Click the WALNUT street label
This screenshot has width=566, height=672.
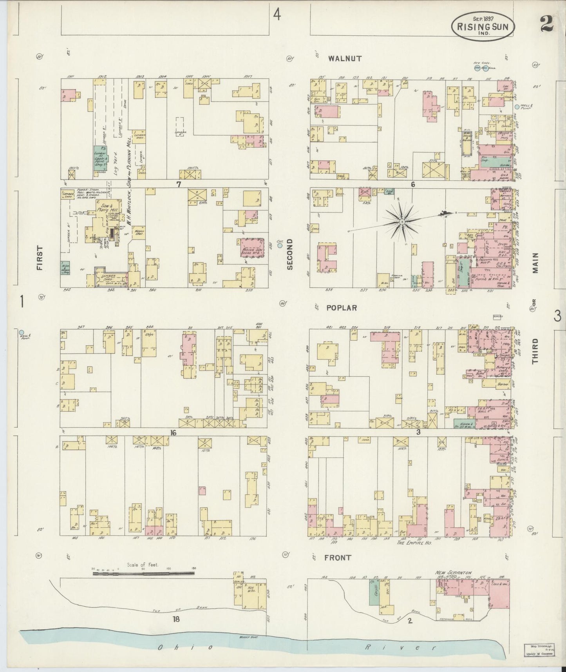[x=345, y=59]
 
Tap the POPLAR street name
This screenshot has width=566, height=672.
[x=342, y=308]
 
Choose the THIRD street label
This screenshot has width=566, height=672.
[x=535, y=352]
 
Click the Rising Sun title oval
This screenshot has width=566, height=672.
[x=483, y=26]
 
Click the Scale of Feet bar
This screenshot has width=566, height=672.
[x=143, y=574]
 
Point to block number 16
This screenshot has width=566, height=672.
[x=173, y=432]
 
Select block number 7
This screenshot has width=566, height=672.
[x=178, y=184]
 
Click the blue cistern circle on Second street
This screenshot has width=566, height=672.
[x=280, y=246]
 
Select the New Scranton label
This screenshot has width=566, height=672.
[x=453, y=573]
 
